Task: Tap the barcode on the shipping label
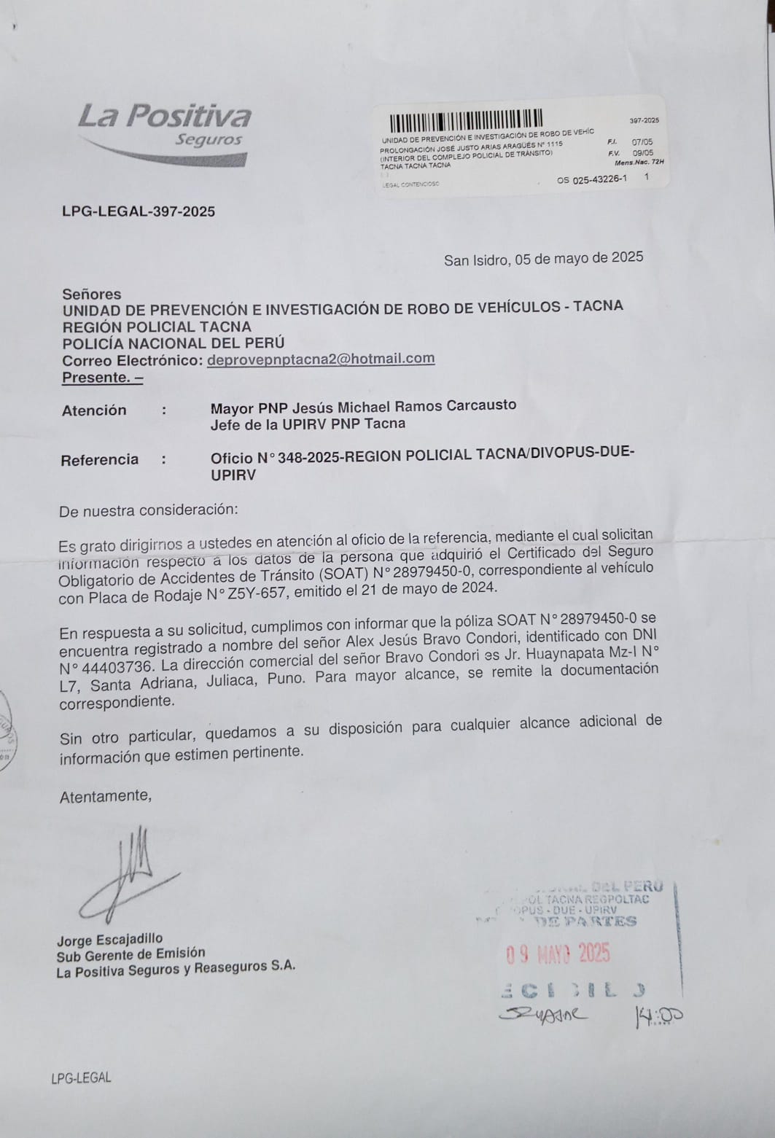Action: (x=466, y=120)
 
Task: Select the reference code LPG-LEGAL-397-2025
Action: (x=139, y=211)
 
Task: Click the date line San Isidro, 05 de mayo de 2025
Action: (x=543, y=258)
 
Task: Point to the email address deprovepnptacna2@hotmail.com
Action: (x=321, y=359)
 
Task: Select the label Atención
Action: (x=94, y=410)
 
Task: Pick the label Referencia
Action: (x=99, y=460)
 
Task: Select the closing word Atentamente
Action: (x=106, y=796)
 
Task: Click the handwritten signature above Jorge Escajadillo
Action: (x=131, y=875)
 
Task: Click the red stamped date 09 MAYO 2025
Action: (x=558, y=954)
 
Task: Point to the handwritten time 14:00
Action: (x=658, y=1016)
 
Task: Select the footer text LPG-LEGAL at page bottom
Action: (x=81, y=1077)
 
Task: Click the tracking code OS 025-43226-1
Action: (x=591, y=179)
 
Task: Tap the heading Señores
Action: (x=92, y=295)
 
